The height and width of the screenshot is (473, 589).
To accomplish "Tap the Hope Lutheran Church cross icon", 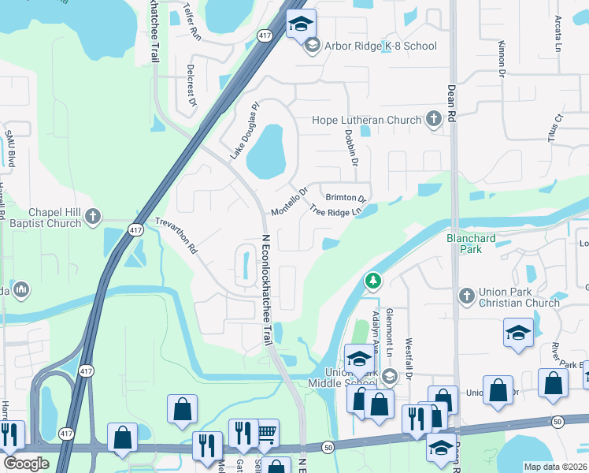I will (x=433, y=120).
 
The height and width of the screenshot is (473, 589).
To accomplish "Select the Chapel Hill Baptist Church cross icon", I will (x=93, y=215).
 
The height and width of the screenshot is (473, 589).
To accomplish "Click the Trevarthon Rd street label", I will (x=175, y=235).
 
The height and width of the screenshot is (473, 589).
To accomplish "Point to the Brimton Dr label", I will (x=346, y=198).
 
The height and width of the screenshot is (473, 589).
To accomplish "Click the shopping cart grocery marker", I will (x=266, y=432).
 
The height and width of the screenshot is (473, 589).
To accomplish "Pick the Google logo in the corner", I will (x=25, y=464).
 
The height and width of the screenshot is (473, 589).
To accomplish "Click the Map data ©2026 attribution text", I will (x=555, y=467).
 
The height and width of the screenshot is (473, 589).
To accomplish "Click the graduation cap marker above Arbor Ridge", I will (x=300, y=24).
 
